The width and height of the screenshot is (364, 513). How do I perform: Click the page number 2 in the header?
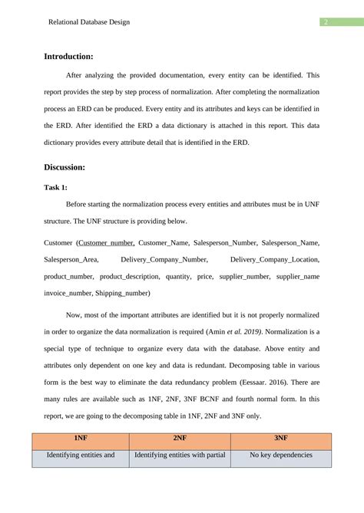point(326,22)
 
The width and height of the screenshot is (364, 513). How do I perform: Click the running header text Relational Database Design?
point(89,22)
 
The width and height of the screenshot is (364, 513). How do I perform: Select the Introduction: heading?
point(68,56)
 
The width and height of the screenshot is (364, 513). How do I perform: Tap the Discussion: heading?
point(65,166)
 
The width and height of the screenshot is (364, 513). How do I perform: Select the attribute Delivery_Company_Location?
point(274,259)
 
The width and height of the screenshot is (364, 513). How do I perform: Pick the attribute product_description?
point(130,276)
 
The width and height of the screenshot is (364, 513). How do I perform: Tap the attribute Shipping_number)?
point(123,293)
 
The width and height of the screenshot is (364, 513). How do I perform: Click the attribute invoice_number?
point(68,293)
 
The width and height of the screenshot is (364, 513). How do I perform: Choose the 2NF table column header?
point(180,439)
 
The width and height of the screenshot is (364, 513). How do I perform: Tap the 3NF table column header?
point(281,439)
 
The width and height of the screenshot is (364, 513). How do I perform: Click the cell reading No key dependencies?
point(281,455)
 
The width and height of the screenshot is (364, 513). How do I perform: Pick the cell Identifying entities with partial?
point(180,455)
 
